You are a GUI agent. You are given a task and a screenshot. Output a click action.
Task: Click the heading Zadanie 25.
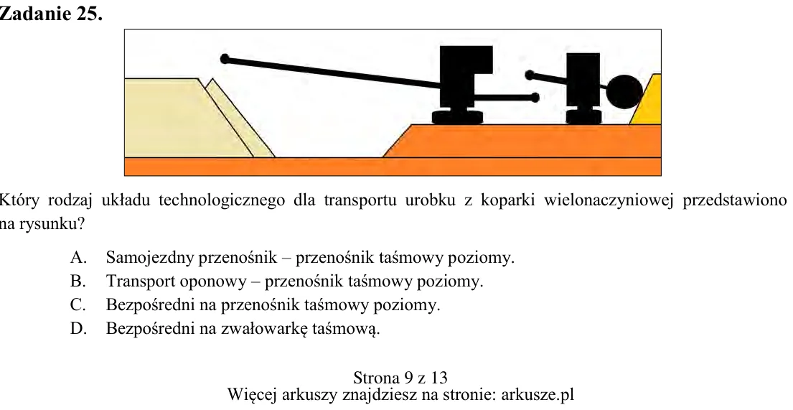(50, 14)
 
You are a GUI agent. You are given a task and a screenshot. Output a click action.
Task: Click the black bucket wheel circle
(624, 92)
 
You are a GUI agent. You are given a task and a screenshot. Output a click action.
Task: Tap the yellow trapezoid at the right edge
(647, 99)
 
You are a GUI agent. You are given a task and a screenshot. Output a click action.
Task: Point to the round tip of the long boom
(225, 59)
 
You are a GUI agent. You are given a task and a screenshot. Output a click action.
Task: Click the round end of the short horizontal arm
(535, 98)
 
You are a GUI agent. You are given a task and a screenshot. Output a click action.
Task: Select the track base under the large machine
(458, 118)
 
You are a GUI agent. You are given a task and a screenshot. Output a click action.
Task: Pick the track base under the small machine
(583, 118)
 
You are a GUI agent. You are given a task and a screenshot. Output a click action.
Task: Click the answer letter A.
(78, 258)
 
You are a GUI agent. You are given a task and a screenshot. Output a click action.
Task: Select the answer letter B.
(78, 281)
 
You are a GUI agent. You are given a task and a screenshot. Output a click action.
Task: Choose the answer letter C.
(78, 304)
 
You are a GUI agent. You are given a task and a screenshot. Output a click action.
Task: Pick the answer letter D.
(78, 329)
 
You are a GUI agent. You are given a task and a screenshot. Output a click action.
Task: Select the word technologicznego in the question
(222, 201)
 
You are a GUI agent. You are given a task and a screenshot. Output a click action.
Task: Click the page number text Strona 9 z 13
(400, 378)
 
